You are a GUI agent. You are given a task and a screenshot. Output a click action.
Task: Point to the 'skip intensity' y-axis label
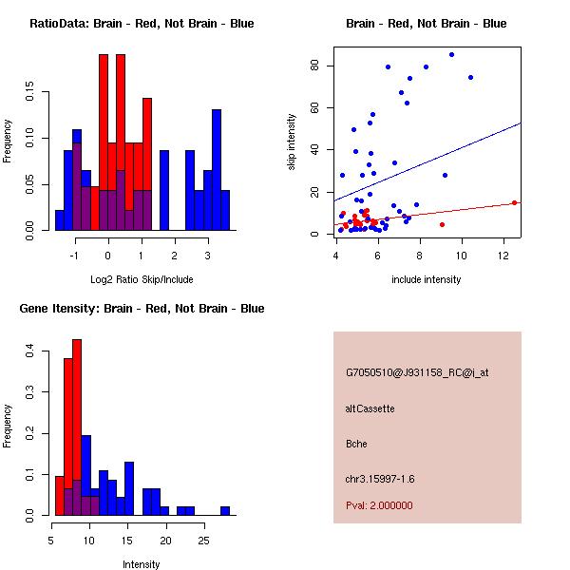293,142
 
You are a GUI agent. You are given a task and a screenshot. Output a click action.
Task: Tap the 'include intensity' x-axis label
427,279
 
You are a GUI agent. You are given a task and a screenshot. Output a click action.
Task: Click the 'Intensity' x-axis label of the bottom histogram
142,564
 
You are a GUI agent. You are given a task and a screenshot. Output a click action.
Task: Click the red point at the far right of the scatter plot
514,202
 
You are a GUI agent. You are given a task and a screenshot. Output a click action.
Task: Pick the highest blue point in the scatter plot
451,54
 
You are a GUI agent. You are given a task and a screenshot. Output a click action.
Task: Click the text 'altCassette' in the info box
370,408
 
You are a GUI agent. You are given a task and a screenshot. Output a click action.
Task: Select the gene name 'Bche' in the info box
356,443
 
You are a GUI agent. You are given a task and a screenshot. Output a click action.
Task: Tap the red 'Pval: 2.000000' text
379,505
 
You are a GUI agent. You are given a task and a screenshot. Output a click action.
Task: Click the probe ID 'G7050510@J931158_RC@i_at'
417,372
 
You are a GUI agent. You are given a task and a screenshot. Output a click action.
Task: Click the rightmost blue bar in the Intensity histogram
225,510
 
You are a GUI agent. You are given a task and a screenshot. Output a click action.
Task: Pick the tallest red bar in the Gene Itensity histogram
77,427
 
